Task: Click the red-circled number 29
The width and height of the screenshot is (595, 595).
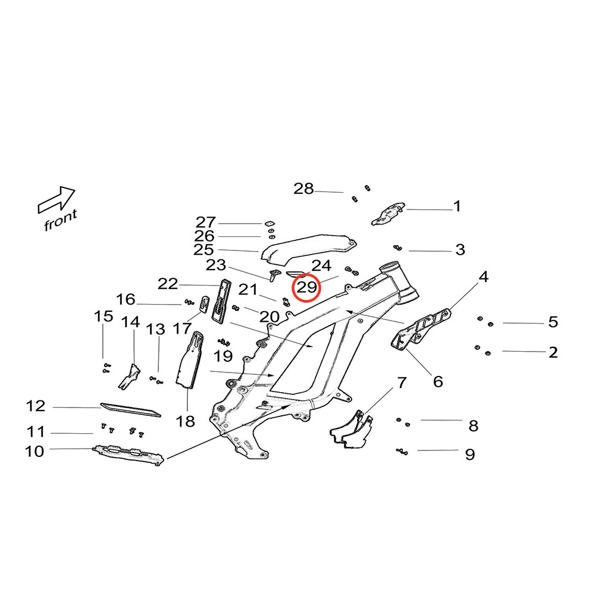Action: coord(306,288)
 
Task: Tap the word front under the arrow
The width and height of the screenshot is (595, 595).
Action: coord(60,221)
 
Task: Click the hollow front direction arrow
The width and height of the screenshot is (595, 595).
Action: coord(57,199)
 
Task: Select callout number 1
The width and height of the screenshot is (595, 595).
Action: coord(457,206)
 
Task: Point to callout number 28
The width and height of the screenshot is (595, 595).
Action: coord(303,189)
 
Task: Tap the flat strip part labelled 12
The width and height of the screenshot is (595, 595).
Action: coord(130,409)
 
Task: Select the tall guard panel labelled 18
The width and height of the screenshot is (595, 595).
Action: coord(189,361)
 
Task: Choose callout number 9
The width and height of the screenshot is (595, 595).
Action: coord(470,455)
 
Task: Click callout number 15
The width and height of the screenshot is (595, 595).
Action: coord(104,316)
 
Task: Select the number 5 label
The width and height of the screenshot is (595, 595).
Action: coord(553,322)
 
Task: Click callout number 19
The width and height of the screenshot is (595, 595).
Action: coord(224,356)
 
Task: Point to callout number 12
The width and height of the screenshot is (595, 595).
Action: coord(36,406)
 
